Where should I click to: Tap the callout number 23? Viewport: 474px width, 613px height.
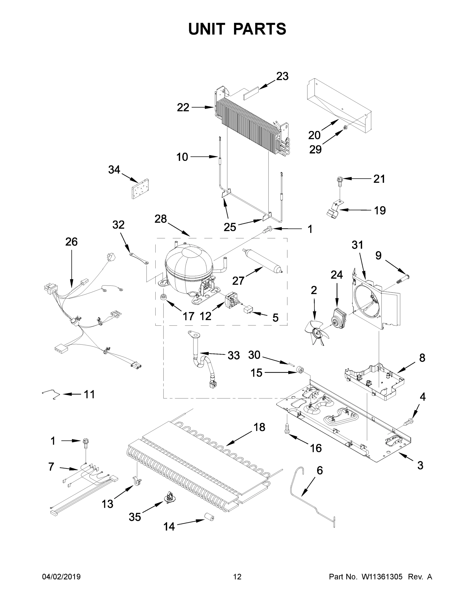pyautogui.click(x=282, y=76)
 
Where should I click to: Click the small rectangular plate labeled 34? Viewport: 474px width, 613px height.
pyautogui.click(x=140, y=189)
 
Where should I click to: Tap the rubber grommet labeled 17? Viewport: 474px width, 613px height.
pyautogui.click(x=163, y=297)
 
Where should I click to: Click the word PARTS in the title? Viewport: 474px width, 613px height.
pyautogui.click(x=259, y=29)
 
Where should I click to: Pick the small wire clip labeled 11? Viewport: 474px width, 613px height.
pyautogui.click(x=51, y=394)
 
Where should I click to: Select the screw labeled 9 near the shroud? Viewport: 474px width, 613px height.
pyautogui.click(x=403, y=280)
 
